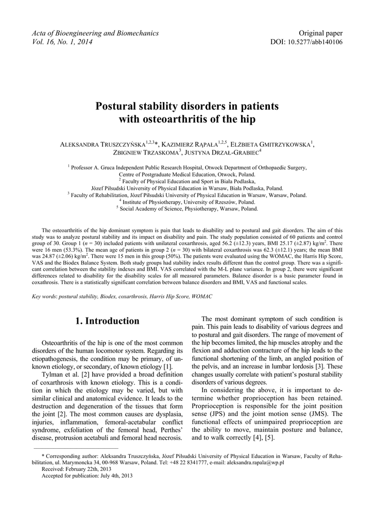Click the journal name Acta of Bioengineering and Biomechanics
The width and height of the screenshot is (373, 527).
95,33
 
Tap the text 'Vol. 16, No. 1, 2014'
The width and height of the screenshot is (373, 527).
62,42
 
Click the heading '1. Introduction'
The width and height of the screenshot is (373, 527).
107,321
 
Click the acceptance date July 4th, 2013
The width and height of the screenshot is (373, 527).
116,476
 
